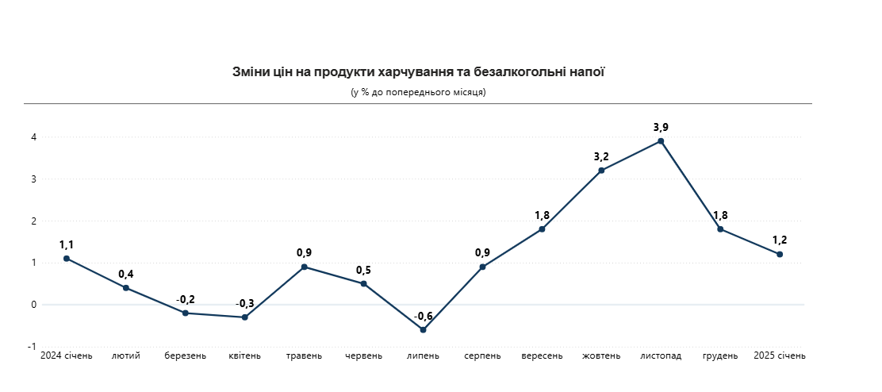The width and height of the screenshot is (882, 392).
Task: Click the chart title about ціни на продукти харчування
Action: click(418, 72)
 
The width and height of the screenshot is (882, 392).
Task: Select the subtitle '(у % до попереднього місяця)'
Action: click(418, 92)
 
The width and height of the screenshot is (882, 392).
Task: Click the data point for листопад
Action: click(661, 141)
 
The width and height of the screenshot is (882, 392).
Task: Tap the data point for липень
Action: click(423, 329)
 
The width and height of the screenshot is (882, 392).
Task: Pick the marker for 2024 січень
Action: click(67, 259)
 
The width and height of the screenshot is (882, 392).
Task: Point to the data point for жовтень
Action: click(601, 171)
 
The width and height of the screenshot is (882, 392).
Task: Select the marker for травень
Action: click(304, 267)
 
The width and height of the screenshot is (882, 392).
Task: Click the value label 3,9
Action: click(661, 127)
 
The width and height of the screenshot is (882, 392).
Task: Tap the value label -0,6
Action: click(423, 316)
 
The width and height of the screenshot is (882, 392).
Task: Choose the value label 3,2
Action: click(601, 156)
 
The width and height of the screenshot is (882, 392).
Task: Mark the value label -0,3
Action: click(245, 303)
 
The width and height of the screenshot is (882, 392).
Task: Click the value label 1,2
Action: click(780, 240)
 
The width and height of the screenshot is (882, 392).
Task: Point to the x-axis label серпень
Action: click(482, 355)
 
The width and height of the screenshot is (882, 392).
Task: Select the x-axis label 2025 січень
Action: click(779, 355)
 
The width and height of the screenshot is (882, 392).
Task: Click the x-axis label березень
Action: click(186, 355)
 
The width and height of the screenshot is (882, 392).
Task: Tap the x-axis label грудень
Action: click(720, 355)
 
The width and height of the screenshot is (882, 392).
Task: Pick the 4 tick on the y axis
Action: click(33, 137)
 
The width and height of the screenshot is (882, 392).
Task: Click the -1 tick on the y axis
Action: click(32, 347)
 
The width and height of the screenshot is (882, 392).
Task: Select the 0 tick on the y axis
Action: click(33, 305)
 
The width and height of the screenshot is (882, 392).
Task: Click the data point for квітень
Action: click(245, 317)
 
